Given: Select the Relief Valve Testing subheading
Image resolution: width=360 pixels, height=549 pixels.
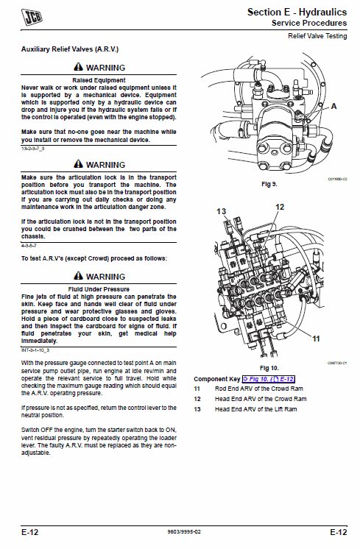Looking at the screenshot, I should [x=317, y=35].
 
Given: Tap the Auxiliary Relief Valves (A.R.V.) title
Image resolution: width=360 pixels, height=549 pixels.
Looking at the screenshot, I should [x=70, y=49].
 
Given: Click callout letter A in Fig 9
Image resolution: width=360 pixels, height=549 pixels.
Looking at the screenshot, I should [x=333, y=106].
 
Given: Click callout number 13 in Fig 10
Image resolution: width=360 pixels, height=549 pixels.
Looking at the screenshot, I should [x=221, y=211].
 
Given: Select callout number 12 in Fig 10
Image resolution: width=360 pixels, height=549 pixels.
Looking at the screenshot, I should [x=279, y=208].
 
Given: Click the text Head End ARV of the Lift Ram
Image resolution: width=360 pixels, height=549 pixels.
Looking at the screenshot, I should [x=255, y=408].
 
